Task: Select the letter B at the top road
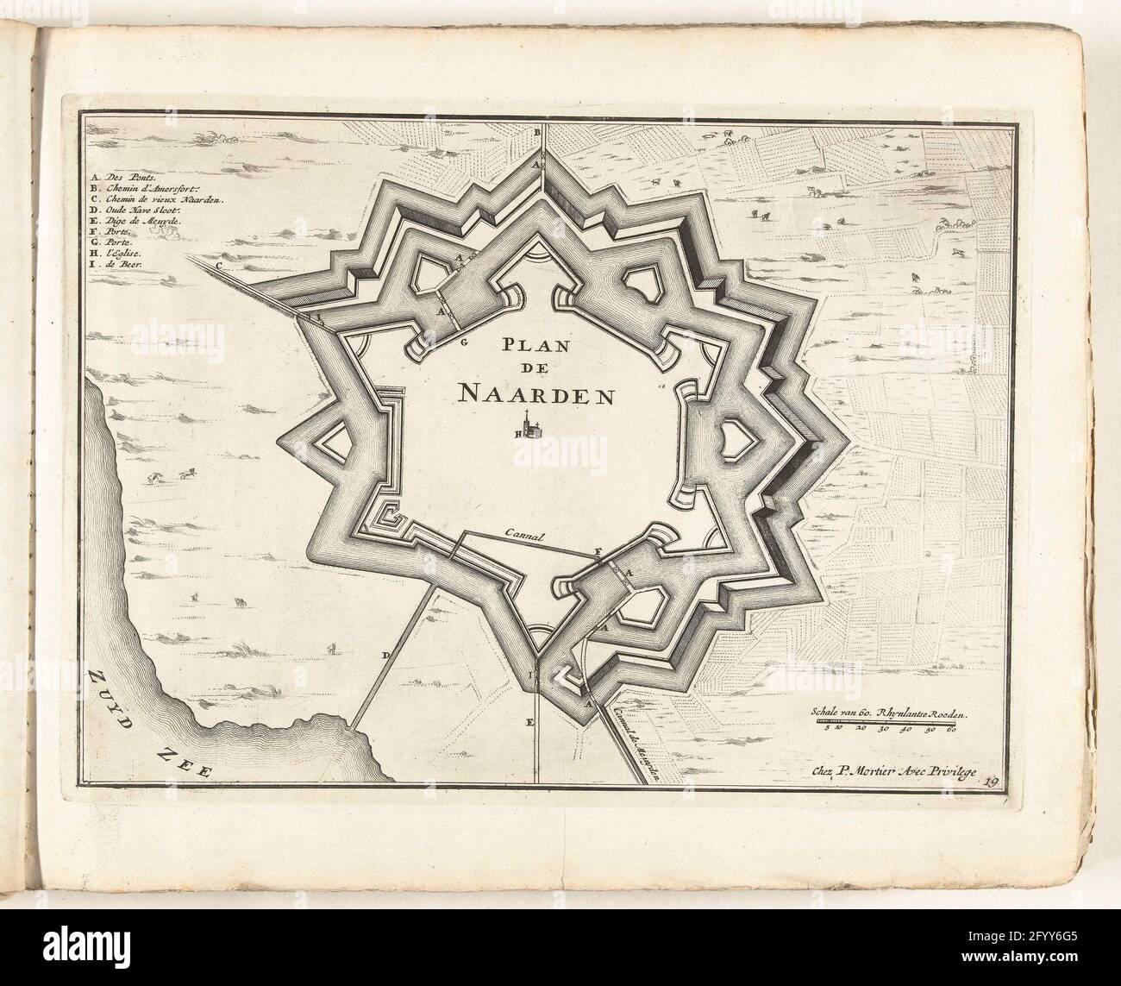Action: click(x=536, y=132)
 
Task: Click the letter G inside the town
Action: click(x=463, y=342)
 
